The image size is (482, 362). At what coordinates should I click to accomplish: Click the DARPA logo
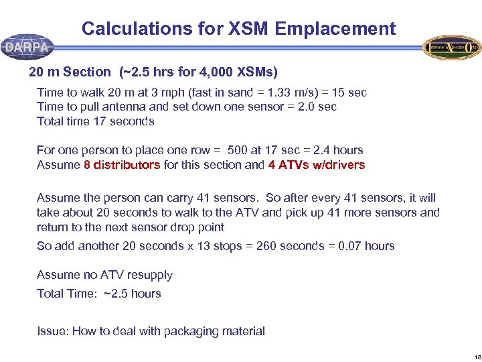click(x=27, y=47)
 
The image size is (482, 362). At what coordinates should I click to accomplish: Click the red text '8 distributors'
click(x=122, y=165)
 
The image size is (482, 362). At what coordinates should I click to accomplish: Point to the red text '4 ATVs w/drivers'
click(x=316, y=165)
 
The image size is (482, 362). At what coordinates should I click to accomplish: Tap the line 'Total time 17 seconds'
click(x=95, y=121)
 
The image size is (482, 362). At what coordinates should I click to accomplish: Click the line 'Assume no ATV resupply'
click(x=104, y=275)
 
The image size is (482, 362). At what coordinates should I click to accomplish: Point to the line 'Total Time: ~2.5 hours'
click(x=99, y=294)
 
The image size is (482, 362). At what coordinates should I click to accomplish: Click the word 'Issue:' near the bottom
click(x=52, y=331)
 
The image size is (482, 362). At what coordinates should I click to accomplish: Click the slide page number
click(x=473, y=355)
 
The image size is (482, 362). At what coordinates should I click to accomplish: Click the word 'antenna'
click(x=137, y=107)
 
